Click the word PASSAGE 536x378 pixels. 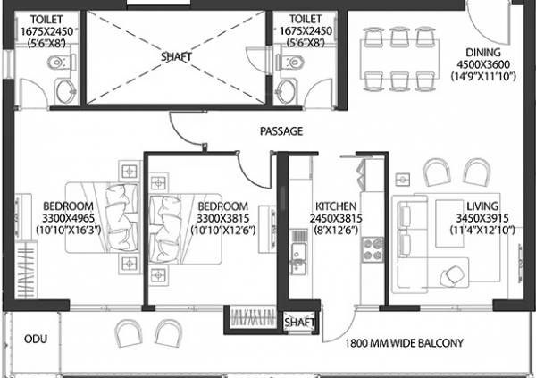[281, 131]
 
